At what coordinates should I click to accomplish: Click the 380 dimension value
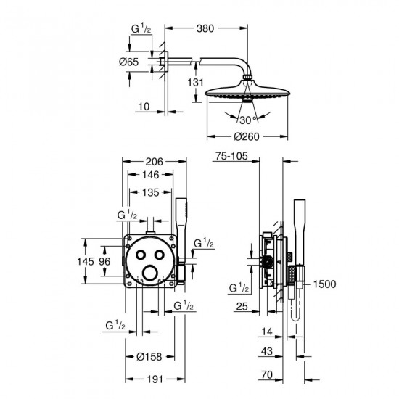click(205, 28)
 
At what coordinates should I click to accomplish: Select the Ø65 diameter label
click(128, 62)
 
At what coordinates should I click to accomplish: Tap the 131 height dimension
click(195, 82)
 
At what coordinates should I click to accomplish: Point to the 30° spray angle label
click(248, 120)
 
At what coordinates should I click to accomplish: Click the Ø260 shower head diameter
click(247, 136)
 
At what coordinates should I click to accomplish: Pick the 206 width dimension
click(154, 162)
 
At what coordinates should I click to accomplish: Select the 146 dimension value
click(150, 175)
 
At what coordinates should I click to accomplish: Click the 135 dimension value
click(150, 192)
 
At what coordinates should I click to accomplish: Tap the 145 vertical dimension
click(86, 261)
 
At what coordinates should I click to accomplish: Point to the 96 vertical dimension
click(104, 261)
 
